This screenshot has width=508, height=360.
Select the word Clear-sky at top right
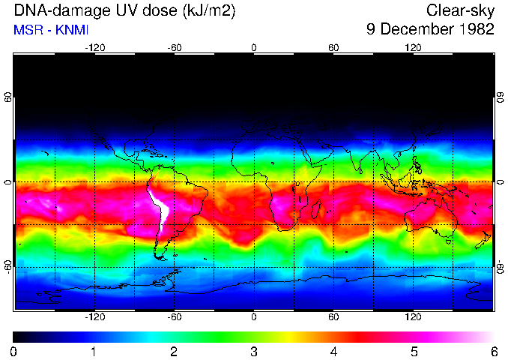(460, 10)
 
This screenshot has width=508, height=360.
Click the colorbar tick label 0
(14, 351)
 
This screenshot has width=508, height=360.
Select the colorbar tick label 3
(254, 351)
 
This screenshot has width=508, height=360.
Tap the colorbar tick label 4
(333, 351)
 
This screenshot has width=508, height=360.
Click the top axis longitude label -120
(94, 47)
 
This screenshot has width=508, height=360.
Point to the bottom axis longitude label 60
(333, 317)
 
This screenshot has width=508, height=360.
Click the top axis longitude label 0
(254, 47)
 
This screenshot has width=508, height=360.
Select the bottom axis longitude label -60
(174, 317)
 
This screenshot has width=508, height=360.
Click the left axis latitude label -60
(8, 266)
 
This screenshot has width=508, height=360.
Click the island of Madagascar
(316, 208)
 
